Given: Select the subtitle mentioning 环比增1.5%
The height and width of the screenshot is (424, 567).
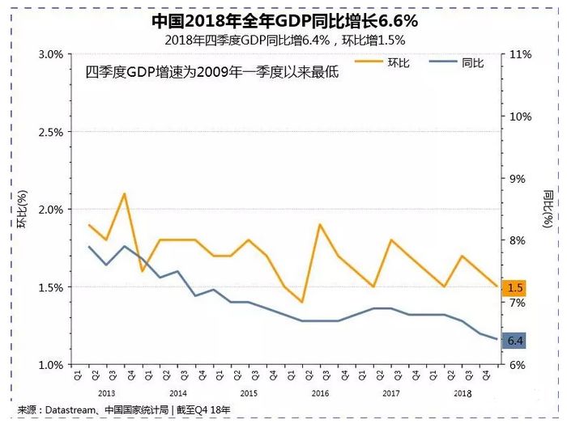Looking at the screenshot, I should click(283, 39).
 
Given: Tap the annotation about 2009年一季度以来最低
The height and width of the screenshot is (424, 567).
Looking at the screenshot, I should click(211, 72).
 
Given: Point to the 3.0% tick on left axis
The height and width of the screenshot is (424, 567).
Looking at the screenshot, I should click(50, 54).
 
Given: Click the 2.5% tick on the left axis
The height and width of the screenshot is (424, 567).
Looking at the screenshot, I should click(50, 132).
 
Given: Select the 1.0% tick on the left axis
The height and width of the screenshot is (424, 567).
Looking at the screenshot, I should click(50, 365).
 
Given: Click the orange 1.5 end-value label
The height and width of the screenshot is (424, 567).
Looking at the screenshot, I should click(515, 287).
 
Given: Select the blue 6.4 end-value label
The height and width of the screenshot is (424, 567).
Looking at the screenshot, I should click(515, 341).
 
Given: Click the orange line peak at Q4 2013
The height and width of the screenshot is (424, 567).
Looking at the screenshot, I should click(124, 193).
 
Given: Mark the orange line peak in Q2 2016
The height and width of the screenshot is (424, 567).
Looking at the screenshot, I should click(320, 224).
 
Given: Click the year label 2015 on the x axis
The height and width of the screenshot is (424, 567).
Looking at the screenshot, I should click(249, 392).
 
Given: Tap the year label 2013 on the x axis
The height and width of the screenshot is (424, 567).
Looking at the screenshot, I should click(106, 392).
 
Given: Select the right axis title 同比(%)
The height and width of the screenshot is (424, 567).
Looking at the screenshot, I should click(548, 209).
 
